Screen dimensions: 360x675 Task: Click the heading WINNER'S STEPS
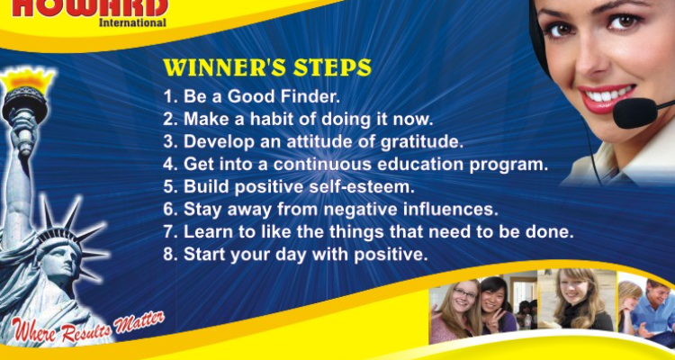coord(266,68)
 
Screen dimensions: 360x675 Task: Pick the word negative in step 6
coord(372,210)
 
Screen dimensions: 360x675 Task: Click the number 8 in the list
coord(168,255)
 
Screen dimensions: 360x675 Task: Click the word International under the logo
coord(132,22)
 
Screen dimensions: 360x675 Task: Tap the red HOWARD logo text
coord(90,7)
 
